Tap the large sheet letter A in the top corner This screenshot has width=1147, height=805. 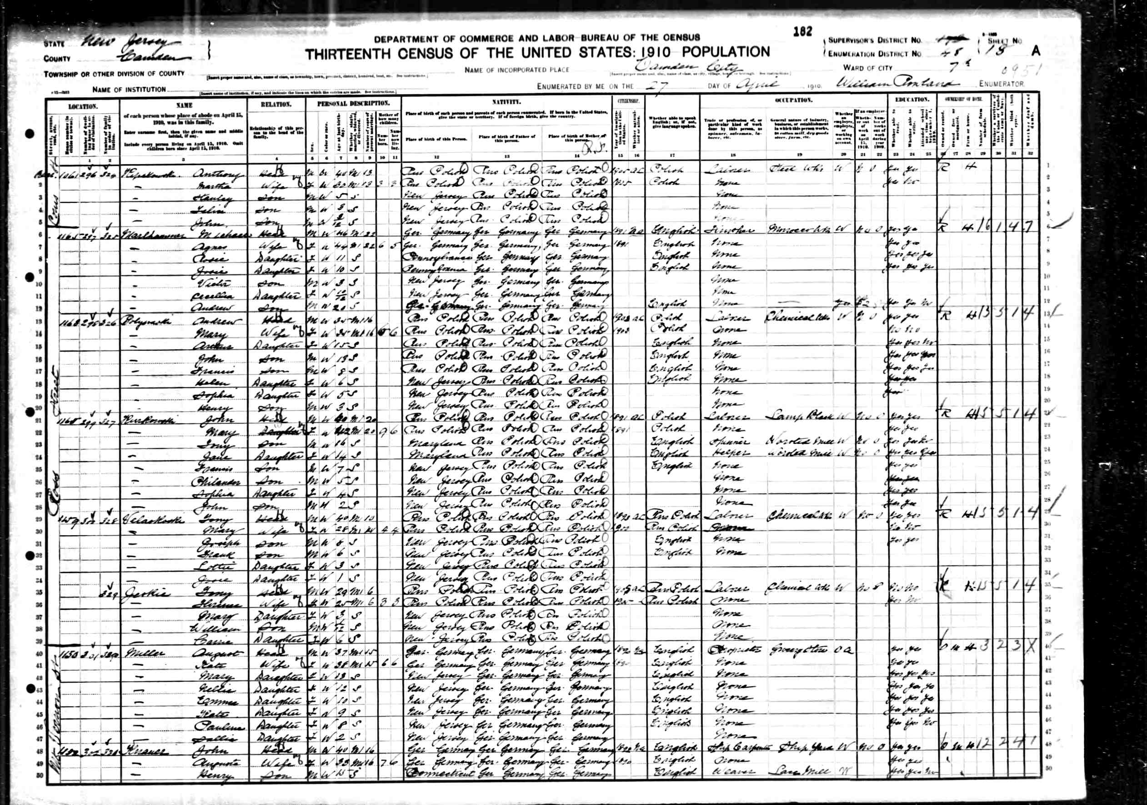1036,51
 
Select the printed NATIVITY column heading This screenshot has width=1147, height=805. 506,102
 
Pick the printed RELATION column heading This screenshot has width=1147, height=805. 276,105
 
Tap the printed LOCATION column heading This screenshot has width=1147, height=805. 82,106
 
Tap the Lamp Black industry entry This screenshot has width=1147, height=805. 799,416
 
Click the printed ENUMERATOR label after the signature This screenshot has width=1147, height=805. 1001,85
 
